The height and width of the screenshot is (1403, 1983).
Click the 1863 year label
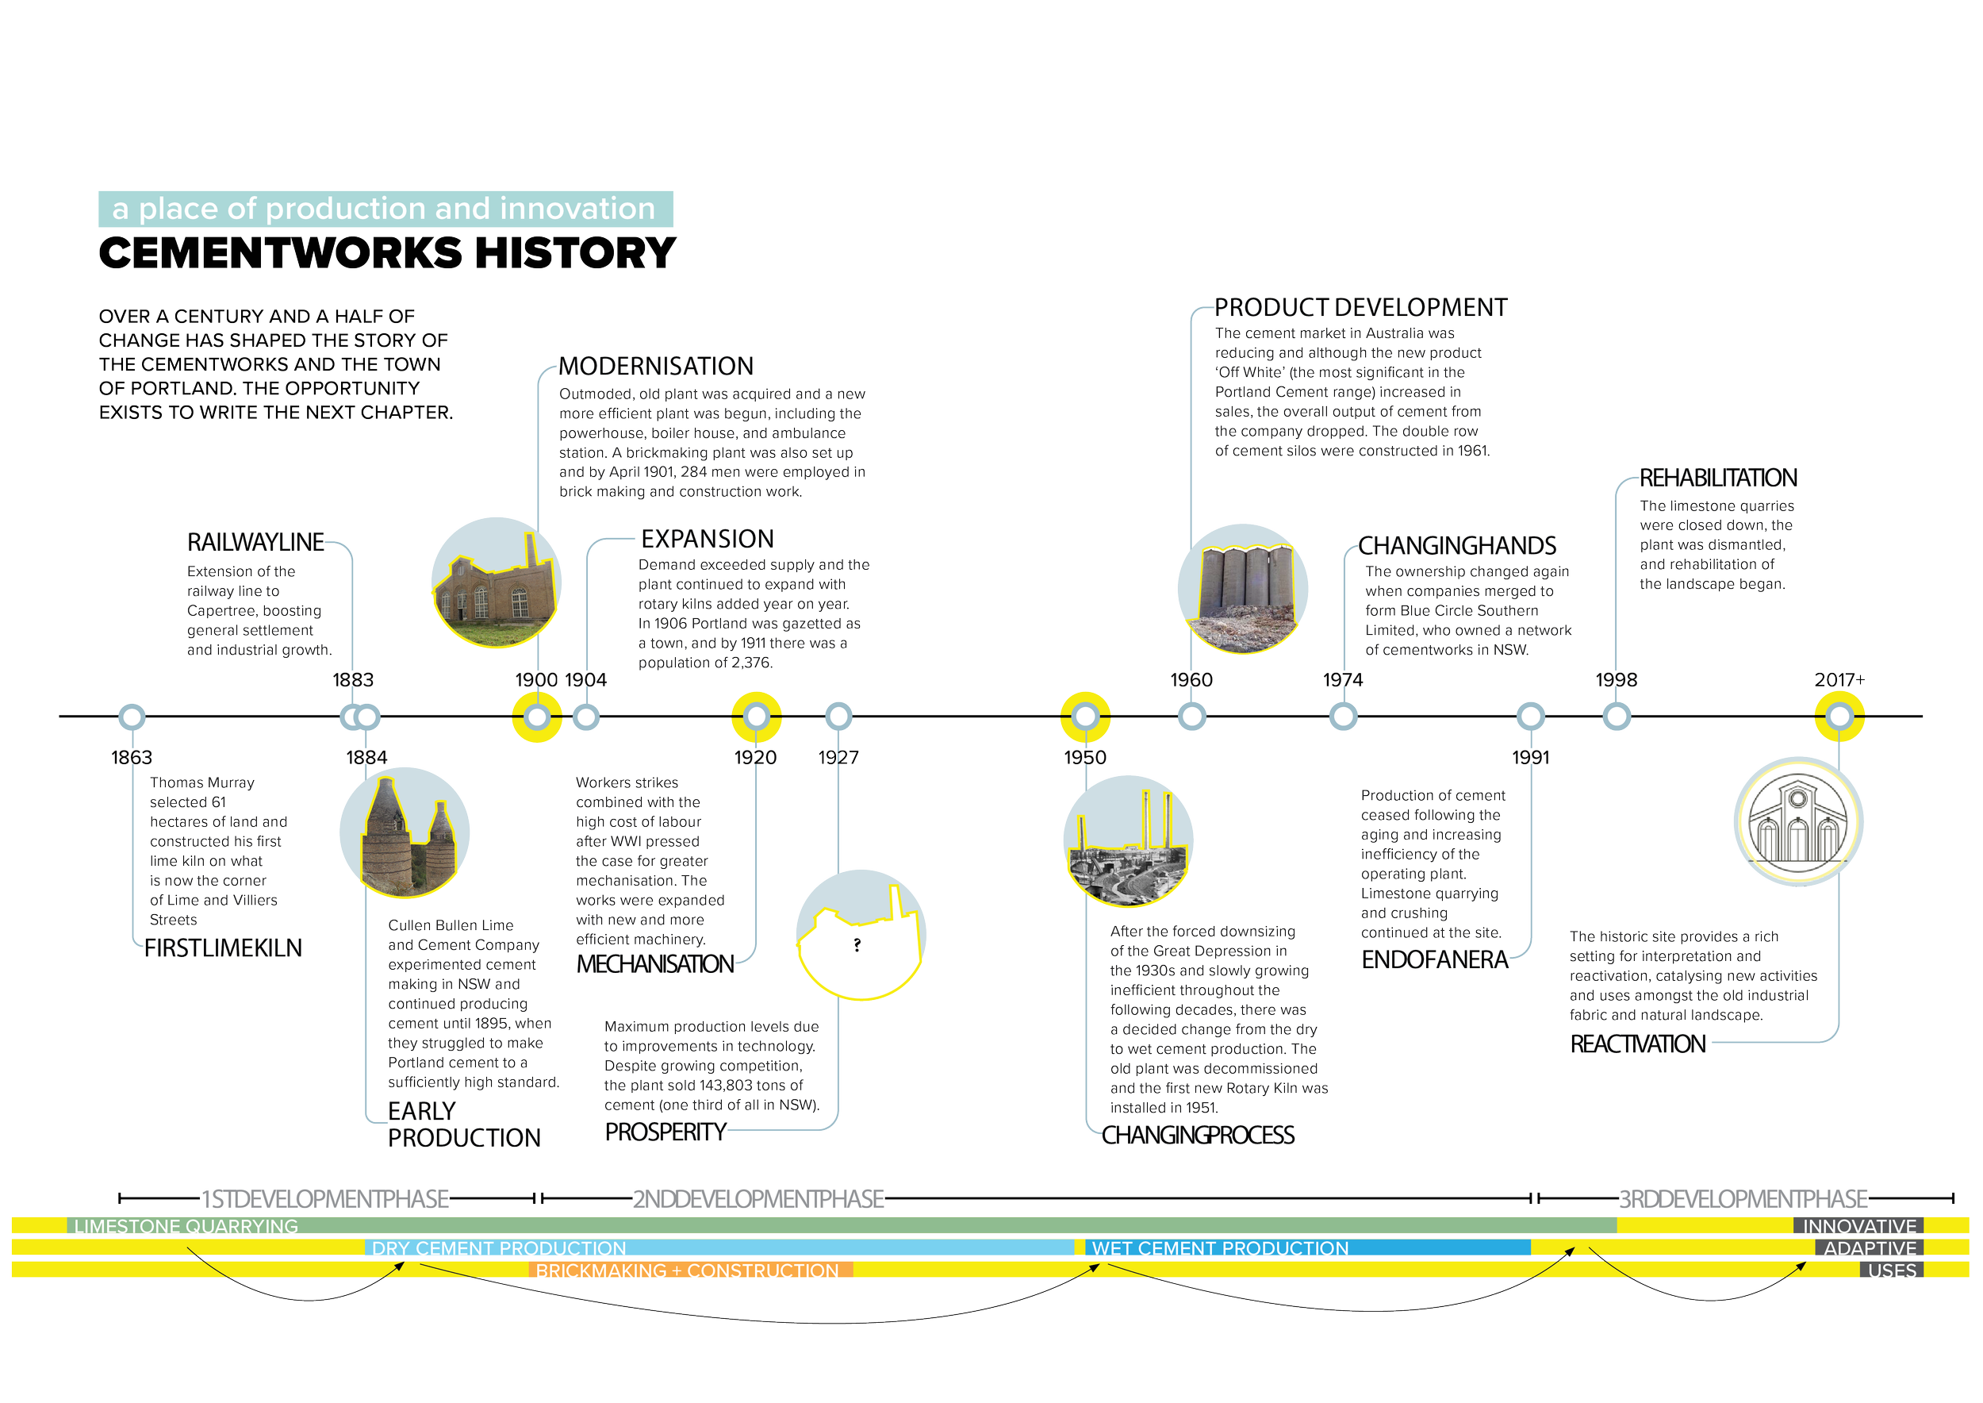132,758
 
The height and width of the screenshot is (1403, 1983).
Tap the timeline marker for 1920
757,717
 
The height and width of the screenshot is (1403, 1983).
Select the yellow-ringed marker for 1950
1085,717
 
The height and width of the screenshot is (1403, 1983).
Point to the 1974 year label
1342,680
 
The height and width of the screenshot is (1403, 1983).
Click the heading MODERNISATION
655,367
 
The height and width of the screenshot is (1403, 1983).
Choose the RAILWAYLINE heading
255,543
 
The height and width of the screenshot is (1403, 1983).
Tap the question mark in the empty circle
857,945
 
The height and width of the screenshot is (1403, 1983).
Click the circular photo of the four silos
1242,588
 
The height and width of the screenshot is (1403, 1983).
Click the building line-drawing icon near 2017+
1797,821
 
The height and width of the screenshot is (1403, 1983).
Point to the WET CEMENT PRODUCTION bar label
1219,1248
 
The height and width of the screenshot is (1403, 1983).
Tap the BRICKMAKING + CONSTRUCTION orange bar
688,1270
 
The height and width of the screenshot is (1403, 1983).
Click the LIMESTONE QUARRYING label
186,1226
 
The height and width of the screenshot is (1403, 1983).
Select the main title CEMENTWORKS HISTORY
386,254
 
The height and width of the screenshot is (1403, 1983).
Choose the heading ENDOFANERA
1435,960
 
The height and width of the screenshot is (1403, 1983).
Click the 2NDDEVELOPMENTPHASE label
758,1199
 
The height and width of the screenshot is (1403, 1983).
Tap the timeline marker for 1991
1530,717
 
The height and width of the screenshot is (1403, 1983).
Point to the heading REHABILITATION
1718,478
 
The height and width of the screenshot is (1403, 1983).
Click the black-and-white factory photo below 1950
1127,841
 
